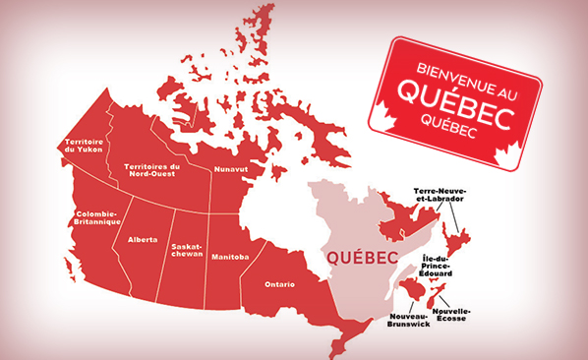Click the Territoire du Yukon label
84,147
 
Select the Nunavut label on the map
232,169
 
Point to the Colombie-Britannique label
94,217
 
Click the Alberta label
142,239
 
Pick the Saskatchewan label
186,249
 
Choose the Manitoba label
230,257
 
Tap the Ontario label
279,285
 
